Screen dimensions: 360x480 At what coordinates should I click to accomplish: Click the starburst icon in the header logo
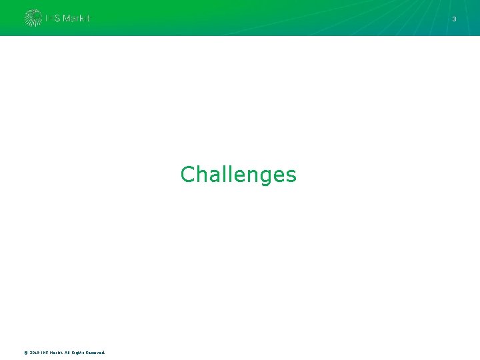click(x=33, y=18)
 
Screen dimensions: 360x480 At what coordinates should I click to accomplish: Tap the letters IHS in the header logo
click(x=53, y=19)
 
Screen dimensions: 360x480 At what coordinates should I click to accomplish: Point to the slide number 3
click(x=454, y=19)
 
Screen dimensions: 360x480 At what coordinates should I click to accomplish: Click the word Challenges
click(x=238, y=175)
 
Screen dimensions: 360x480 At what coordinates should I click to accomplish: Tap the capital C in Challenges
click(x=187, y=175)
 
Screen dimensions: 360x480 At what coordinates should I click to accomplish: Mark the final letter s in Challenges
click(x=291, y=176)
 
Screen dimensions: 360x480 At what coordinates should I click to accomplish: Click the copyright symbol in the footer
click(x=25, y=353)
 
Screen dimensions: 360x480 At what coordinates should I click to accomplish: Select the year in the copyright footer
click(x=35, y=353)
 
